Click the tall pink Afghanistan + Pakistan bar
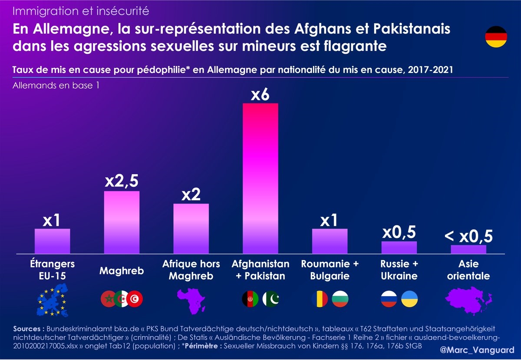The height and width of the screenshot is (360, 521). click(260, 178)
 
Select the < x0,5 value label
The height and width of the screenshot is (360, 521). click(468, 236)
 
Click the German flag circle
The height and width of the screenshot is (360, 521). click(496, 37)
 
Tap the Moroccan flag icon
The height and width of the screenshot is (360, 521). click(108, 298)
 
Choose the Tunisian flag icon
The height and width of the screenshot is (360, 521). click(136, 298)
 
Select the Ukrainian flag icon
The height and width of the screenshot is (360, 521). click(409, 298)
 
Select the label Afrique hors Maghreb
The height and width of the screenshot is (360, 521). click(191, 270)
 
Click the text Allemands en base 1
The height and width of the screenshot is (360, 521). click(56, 86)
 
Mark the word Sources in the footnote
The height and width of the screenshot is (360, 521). click(29, 329)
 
